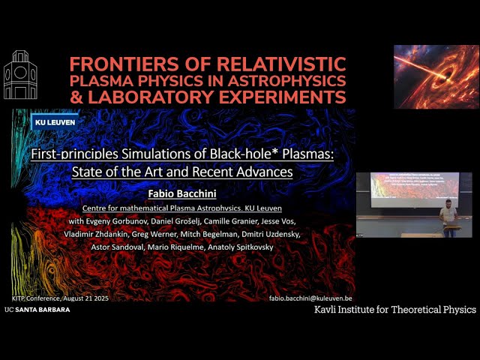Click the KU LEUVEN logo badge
(55, 122)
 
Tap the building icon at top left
(20, 75)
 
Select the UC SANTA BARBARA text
(37, 309)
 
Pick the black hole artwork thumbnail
(436, 76)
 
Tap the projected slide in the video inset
(414, 186)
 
